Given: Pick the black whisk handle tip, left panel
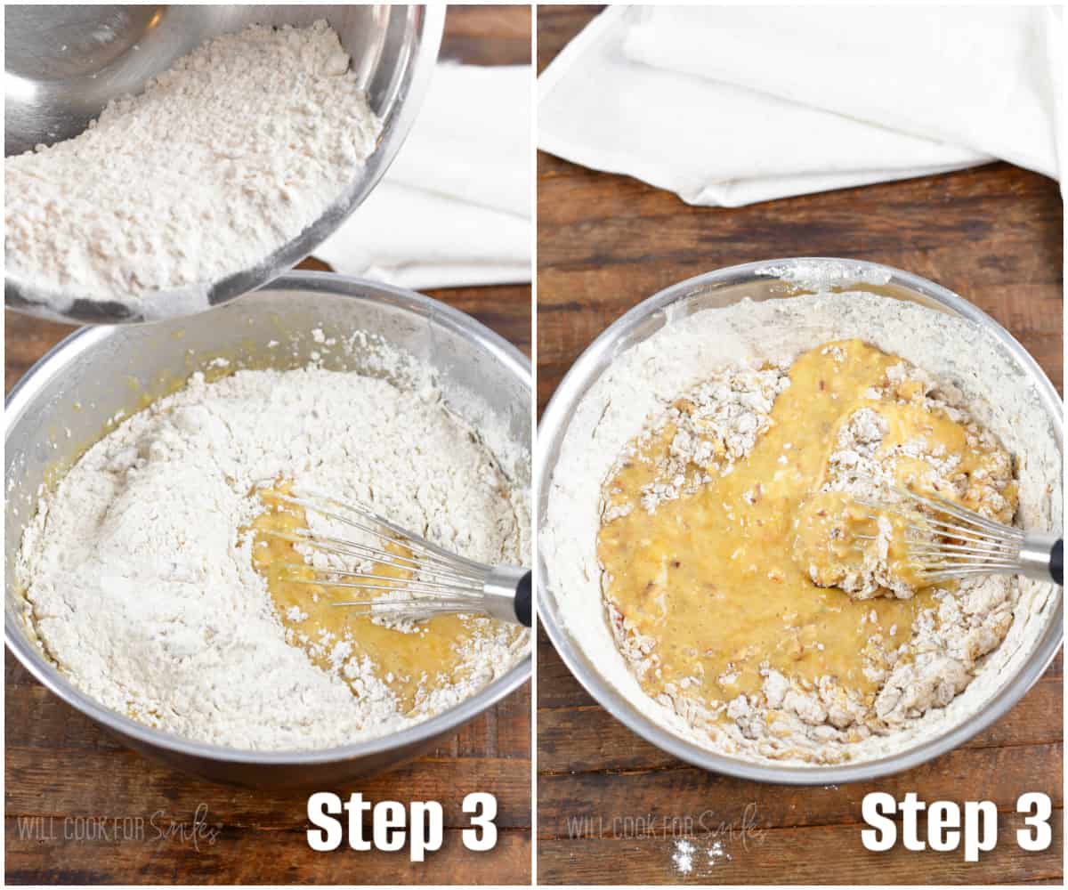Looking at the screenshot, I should (x=523, y=598).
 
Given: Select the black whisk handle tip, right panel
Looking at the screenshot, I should (x=1056, y=561).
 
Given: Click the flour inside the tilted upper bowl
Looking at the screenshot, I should (x=178, y=160).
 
